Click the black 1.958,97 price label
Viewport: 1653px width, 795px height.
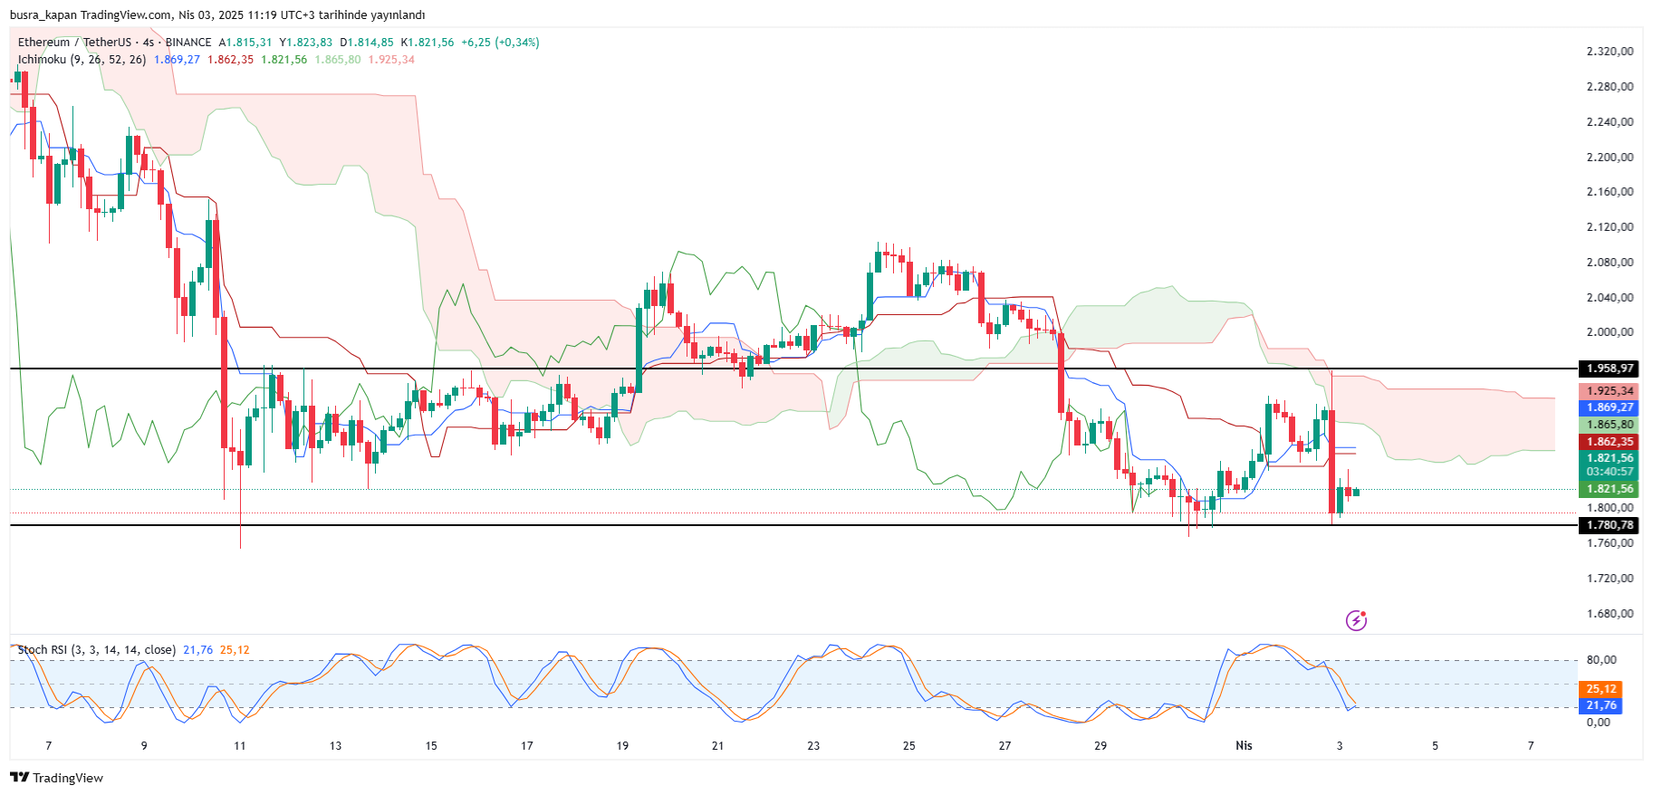1610,369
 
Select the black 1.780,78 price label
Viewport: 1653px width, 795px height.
1610,525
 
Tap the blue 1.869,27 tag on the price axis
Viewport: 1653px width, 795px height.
1610,407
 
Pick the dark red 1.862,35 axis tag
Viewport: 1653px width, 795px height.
1610,442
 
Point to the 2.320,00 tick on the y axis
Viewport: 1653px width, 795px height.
1610,52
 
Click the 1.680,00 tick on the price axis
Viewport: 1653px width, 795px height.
1610,614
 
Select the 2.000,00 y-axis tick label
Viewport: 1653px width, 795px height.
1610,332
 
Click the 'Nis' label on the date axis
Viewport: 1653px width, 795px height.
1244,746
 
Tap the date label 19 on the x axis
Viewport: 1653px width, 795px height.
622,746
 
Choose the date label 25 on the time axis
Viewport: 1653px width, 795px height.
908,746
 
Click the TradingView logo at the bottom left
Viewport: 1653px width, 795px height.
56,778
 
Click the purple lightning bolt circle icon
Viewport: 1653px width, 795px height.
1356,620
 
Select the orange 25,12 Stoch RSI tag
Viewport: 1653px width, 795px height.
1601,689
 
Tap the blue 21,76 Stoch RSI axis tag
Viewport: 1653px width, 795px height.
1601,705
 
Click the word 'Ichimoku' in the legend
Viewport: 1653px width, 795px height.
42,60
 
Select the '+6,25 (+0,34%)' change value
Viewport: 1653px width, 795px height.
500,43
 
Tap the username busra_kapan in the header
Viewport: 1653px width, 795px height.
43,14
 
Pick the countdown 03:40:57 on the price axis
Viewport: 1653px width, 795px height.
1610,472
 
